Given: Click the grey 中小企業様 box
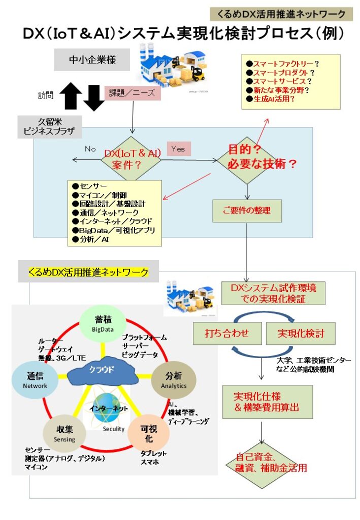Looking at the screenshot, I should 92,60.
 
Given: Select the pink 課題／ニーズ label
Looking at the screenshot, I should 133,93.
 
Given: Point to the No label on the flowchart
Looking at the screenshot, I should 90,149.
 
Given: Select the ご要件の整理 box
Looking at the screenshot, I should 247,210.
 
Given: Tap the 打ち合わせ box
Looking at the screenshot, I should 226,334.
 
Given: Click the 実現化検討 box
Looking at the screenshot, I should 301,334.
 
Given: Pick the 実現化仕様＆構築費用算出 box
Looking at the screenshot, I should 259,401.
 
